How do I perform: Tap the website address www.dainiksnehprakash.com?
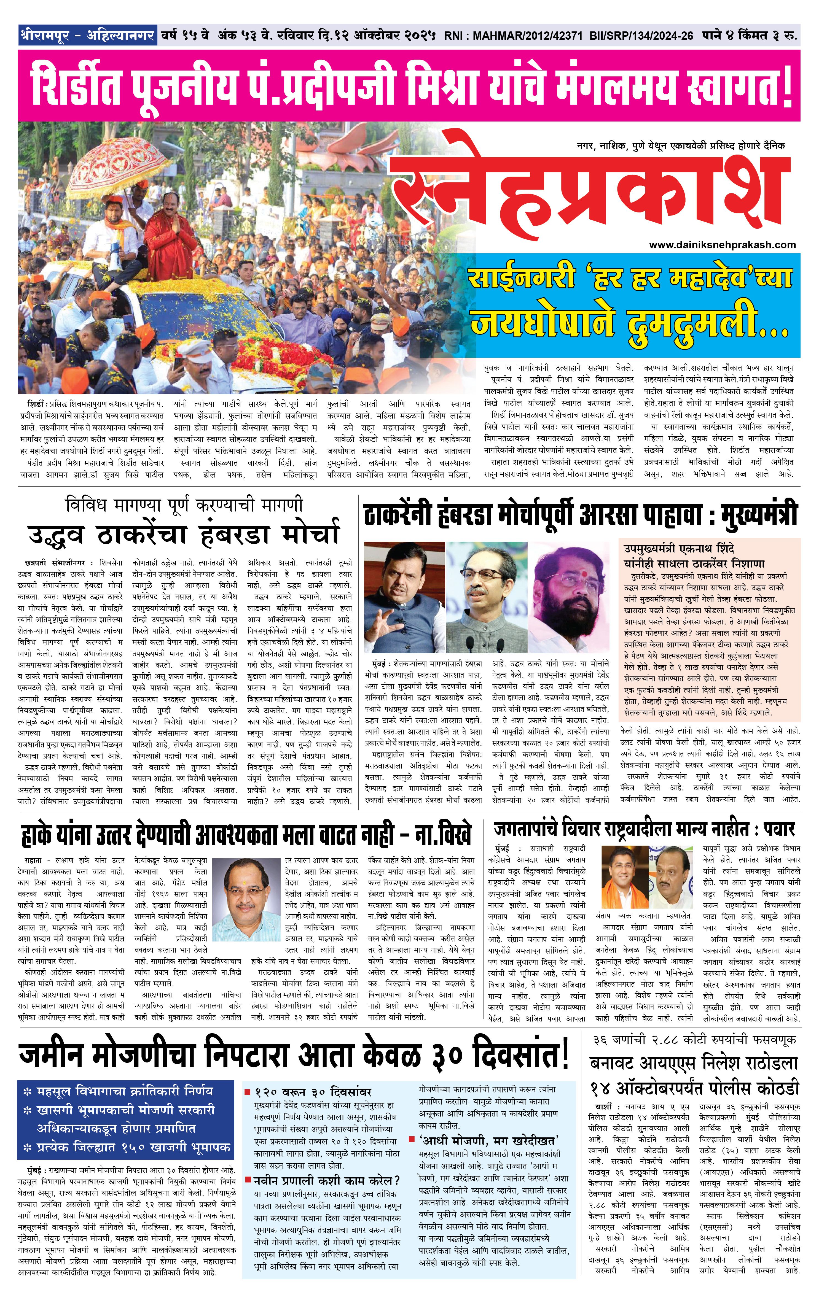pyautogui.click(x=722, y=245)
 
